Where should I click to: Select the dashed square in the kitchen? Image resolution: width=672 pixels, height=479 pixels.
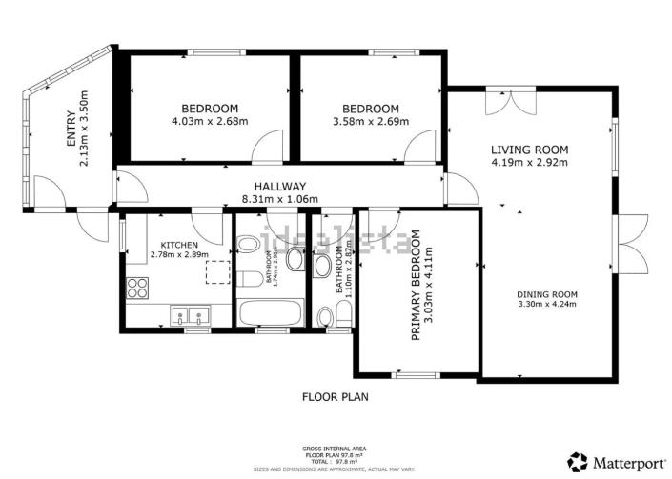point(219,272)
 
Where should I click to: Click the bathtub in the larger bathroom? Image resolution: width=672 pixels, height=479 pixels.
point(271,313)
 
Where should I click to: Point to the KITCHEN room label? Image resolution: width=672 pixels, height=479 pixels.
point(179,245)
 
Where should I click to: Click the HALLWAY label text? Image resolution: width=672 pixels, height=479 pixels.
point(279,187)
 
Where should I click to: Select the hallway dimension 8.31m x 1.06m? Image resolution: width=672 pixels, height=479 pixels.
point(279,200)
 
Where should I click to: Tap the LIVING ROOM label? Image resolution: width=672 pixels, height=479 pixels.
point(529,150)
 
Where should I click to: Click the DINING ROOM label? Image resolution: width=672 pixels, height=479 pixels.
point(547,293)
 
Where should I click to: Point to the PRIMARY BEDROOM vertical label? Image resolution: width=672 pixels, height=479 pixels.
point(416,294)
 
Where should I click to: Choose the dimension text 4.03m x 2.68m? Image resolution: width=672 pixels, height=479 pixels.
point(209,121)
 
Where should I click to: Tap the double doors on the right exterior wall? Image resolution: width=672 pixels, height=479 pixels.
point(629,244)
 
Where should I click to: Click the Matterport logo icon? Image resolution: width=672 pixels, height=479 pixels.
point(578,463)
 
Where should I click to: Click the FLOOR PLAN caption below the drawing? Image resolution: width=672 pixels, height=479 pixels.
point(335,396)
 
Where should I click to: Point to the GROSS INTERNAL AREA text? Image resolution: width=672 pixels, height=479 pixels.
point(334,448)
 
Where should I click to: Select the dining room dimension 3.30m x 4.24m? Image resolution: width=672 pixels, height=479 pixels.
point(547,305)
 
